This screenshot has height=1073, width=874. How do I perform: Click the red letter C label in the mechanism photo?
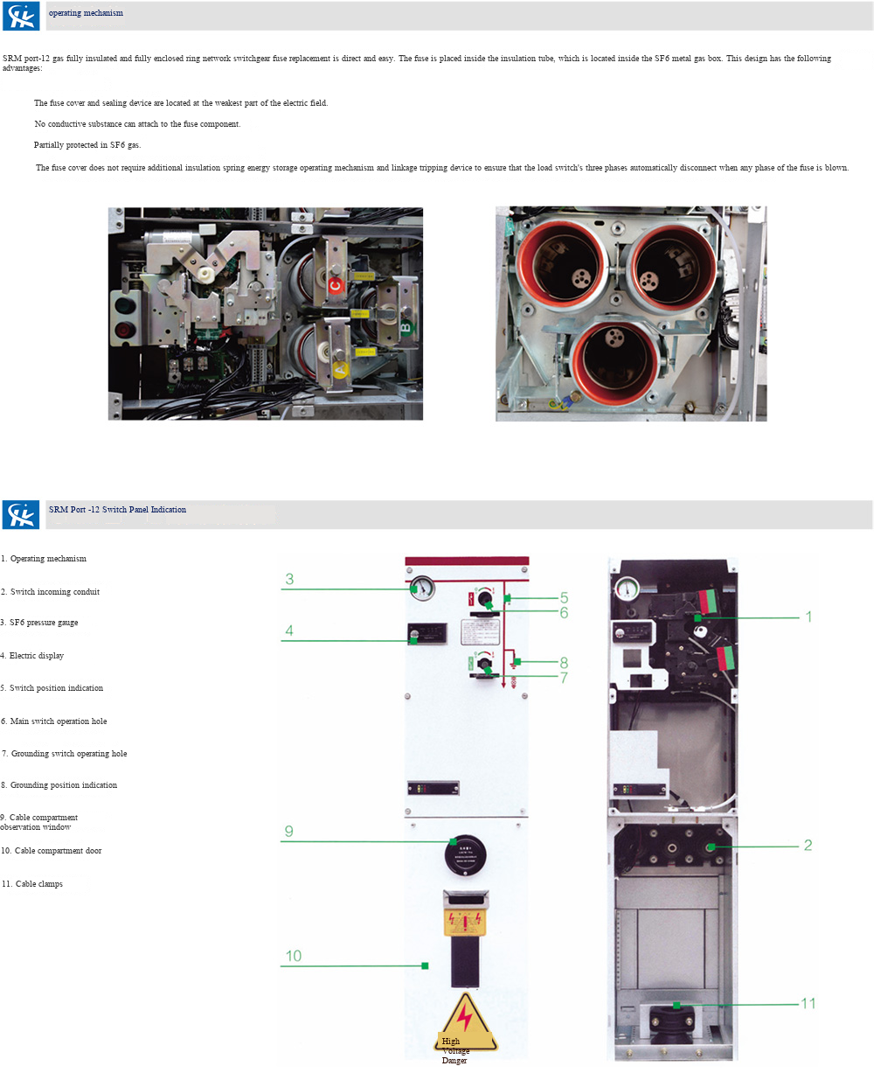336,285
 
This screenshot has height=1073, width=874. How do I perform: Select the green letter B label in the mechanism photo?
406,328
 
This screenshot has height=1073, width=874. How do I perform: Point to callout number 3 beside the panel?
289,579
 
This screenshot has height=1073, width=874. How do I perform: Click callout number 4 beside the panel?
289,631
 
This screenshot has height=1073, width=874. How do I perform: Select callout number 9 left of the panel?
289,832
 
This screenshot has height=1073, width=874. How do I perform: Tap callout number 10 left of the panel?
294,956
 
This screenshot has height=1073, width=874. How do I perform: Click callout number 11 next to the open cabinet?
808,1003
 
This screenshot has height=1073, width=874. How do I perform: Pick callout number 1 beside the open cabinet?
808,617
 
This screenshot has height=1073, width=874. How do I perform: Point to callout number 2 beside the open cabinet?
808,845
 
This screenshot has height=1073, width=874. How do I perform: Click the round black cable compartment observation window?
465,853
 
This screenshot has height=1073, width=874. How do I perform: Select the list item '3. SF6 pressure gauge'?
40,623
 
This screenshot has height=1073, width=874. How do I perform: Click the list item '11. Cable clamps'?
32,884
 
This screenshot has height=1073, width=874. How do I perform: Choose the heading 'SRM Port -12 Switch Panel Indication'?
117,510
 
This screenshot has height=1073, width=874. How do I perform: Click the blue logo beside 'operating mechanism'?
21,17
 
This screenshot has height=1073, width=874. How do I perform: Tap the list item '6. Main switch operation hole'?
54,721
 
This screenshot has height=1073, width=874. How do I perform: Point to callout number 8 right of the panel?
564,663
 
